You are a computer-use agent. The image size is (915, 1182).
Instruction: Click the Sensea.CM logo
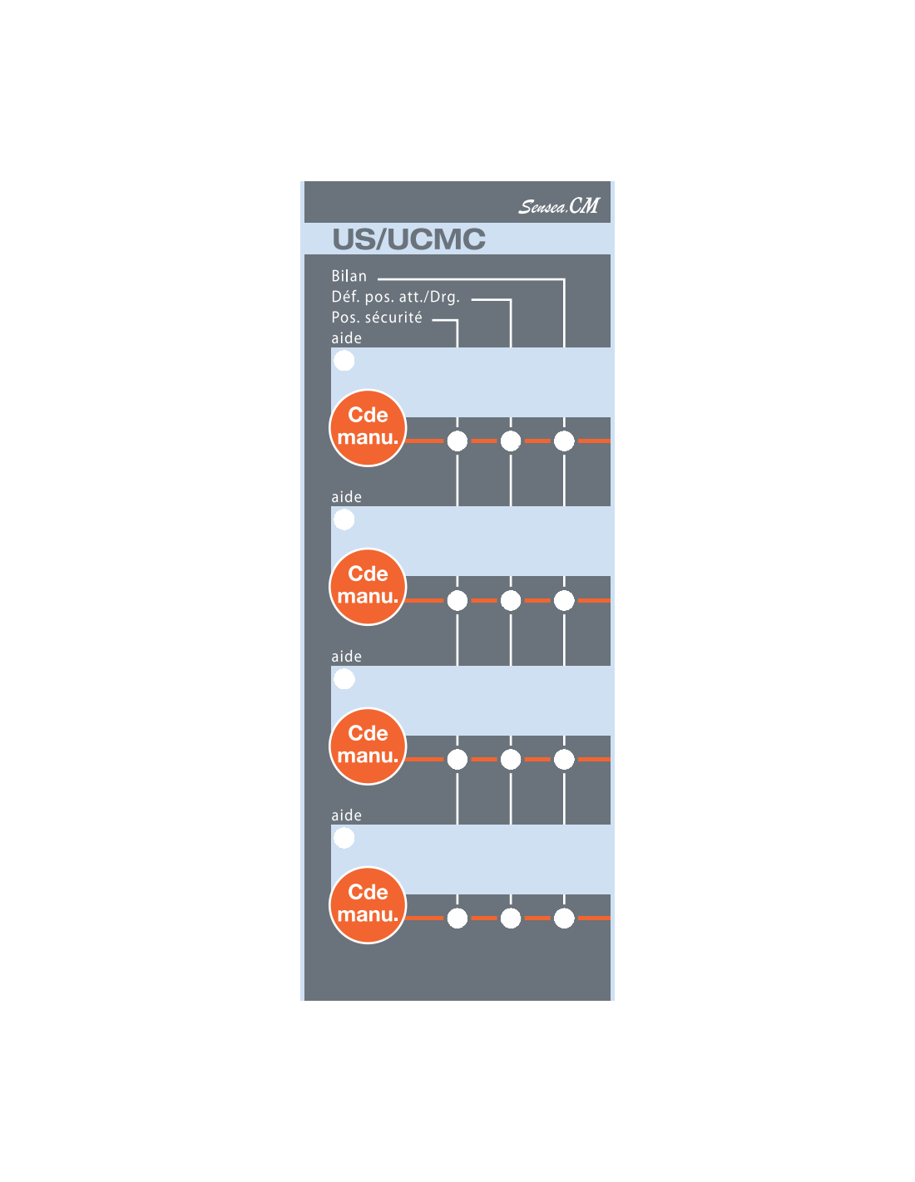[x=558, y=205]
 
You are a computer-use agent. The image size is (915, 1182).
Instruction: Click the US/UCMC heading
[x=408, y=239]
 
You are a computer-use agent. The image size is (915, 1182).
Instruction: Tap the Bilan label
[x=349, y=276]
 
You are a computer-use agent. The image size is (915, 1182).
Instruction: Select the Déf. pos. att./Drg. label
[x=396, y=297]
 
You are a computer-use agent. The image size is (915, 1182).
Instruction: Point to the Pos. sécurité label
[x=377, y=318]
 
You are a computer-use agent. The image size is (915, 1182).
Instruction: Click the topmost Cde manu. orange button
[x=368, y=427]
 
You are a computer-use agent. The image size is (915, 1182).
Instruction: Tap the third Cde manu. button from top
[x=368, y=746]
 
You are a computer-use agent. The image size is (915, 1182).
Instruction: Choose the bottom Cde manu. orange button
[x=368, y=904]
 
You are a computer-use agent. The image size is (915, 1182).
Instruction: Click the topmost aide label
[x=346, y=337]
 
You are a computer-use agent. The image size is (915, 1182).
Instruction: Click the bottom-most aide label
[x=346, y=815]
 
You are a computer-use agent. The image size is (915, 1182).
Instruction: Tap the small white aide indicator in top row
[x=344, y=361]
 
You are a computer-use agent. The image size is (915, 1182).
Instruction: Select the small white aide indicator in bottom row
[x=344, y=838]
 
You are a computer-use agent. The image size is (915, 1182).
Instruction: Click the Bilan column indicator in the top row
[x=564, y=441]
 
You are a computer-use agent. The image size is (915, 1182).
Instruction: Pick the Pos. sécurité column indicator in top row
[x=457, y=441]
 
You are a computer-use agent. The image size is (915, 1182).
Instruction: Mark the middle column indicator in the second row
[x=511, y=600]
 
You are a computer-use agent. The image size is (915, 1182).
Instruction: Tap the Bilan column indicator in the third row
[x=564, y=759]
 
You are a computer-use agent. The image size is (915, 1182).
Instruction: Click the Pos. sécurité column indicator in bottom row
[x=457, y=919]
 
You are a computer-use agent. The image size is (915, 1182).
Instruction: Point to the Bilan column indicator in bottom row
[x=564, y=919]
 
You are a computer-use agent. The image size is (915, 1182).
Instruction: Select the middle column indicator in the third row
[x=511, y=759]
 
